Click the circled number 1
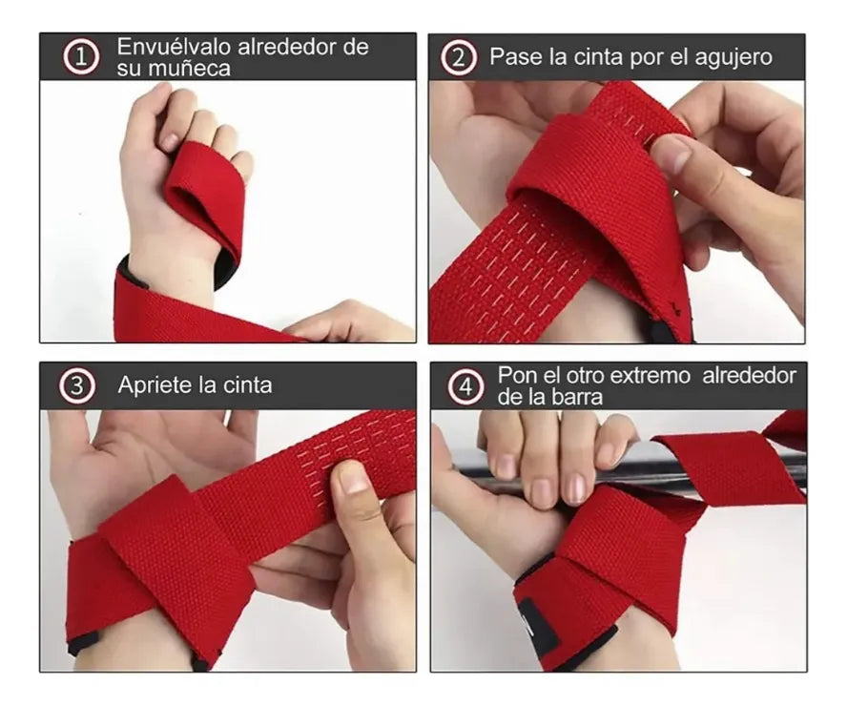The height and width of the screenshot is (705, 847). (x=81, y=57)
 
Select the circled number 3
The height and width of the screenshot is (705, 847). (x=77, y=386)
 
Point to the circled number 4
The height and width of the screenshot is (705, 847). (x=465, y=386)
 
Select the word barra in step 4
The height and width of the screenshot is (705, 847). (x=575, y=397)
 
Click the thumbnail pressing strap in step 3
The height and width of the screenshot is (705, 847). (x=353, y=477)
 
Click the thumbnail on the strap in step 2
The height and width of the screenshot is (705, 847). (x=672, y=153)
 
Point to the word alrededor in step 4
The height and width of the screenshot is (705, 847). (x=749, y=375)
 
